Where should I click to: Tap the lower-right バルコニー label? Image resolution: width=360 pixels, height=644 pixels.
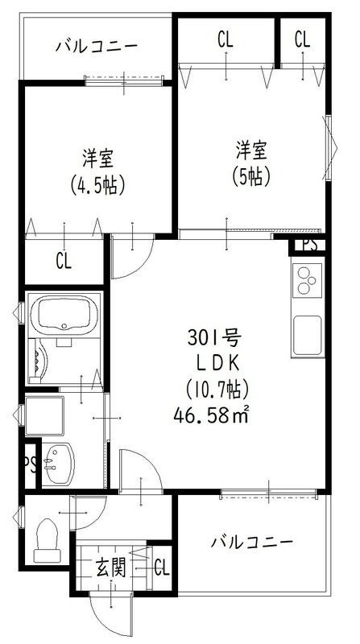252,541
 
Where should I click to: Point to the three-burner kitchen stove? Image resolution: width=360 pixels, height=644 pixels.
306,282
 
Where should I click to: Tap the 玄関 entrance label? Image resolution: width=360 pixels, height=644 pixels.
112,569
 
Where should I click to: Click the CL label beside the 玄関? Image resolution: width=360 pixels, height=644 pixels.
161,568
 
